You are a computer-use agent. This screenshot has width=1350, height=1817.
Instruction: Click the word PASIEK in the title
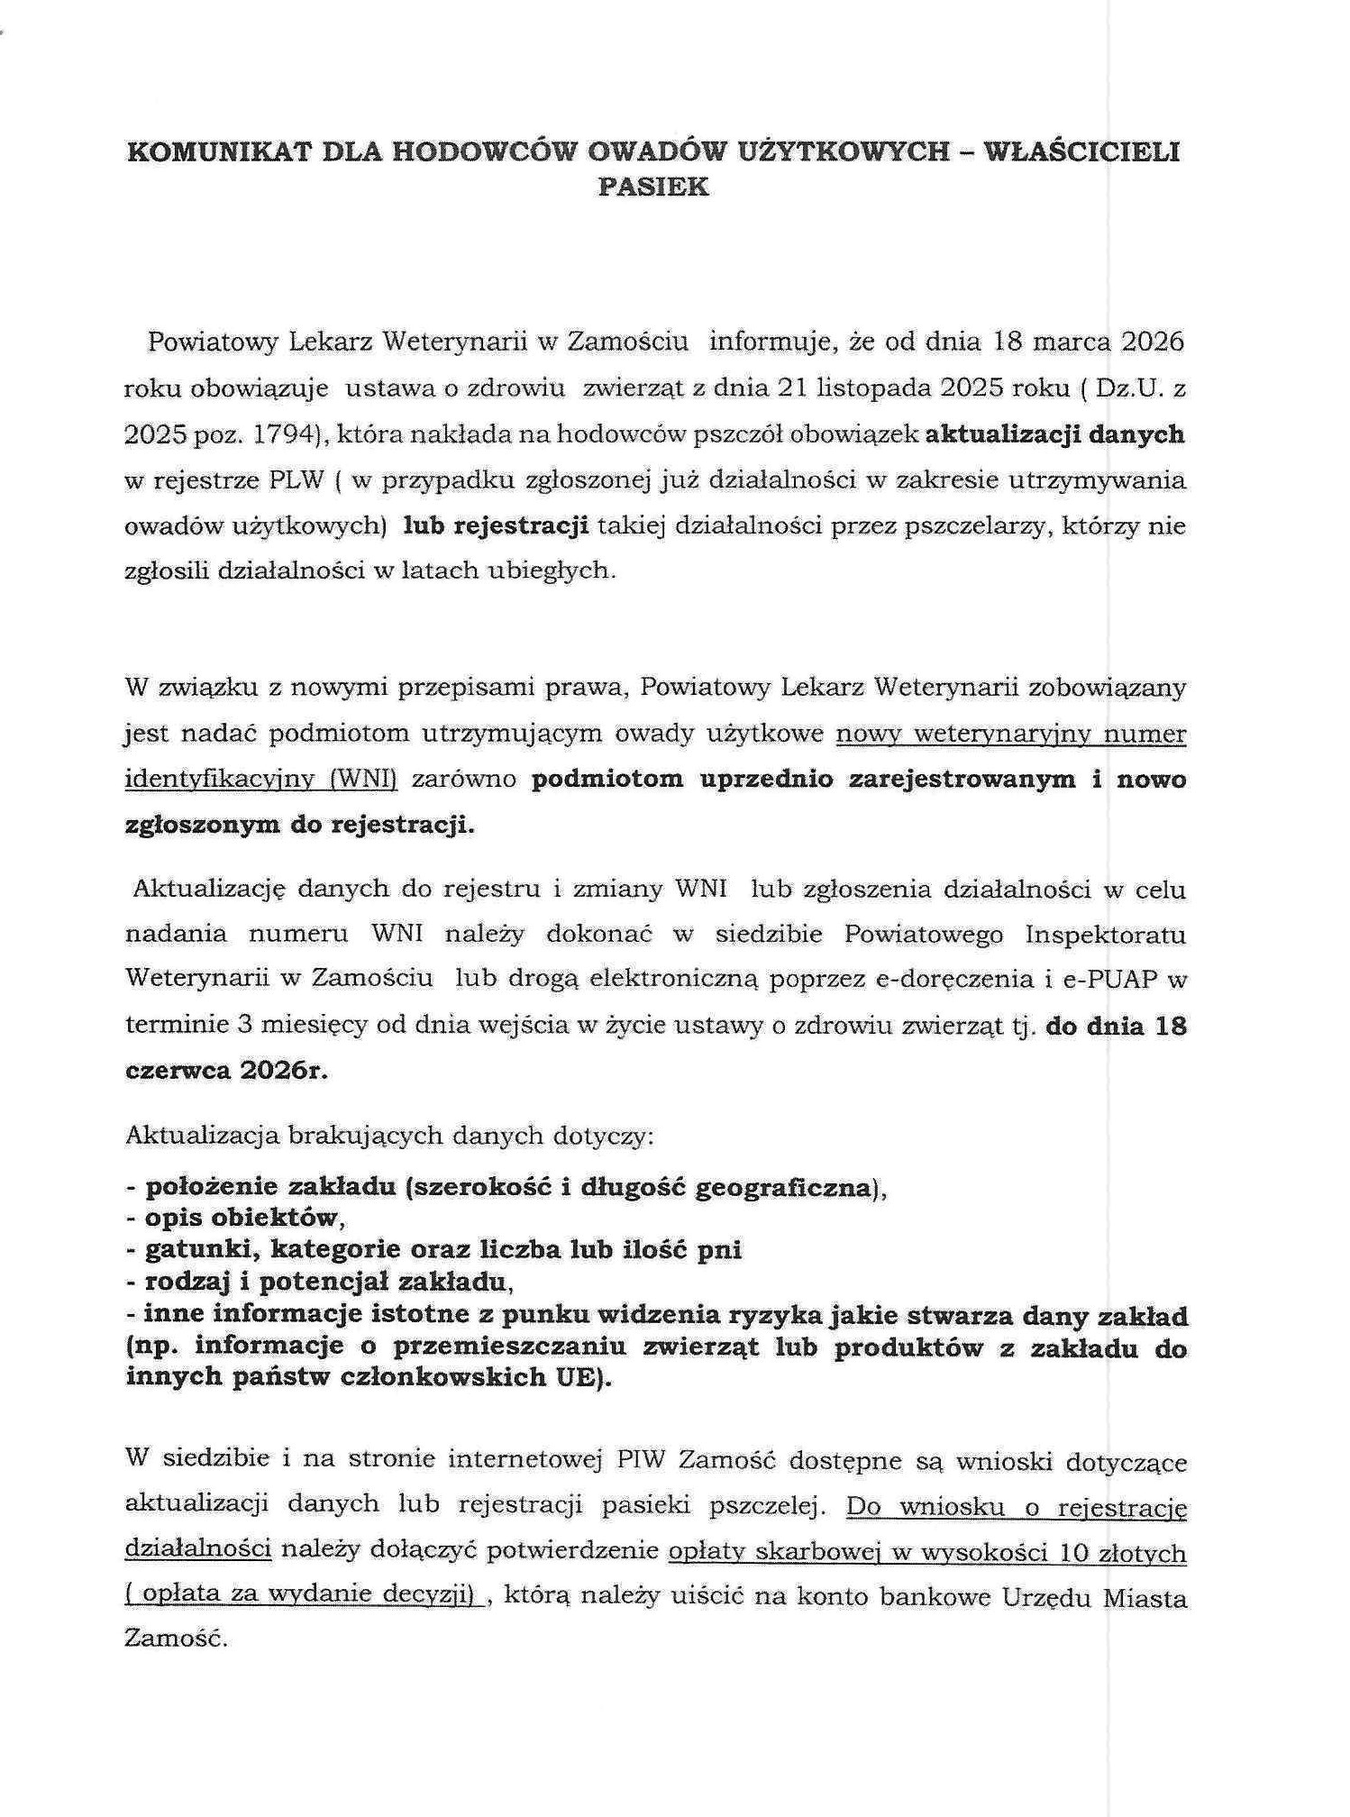[x=653, y=187]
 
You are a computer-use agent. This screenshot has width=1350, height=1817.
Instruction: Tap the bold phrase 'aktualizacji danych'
[x=1054, y=434]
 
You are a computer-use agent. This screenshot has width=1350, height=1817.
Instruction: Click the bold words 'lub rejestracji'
[x=496, y=525]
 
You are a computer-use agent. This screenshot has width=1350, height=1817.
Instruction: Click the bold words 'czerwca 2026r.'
[x=226, y=1070]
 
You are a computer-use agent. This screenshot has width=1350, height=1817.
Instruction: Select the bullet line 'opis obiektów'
[x=240, y=1218]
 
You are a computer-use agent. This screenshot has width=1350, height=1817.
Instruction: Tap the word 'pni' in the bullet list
[x=722, y=1249]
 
